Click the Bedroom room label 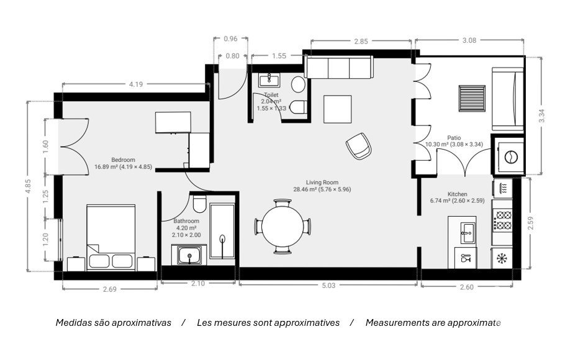click(x=123, y=160)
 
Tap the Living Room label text click(x=322, y=182)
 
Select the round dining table click(x=283, y=227)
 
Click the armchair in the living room click(x=358, y=146)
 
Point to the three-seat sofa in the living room click(x=339, y=68)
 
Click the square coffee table click(x=337, y=109)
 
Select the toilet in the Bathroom click(x=199, y=204)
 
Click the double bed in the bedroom click(x=111, y=238)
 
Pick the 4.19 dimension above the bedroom click(x=136, y=84)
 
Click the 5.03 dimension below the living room click(x=328, y=286)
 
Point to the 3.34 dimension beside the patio click(x=541, y=116)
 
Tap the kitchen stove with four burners click(x=502, y=220)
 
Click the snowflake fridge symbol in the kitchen click(x=502, y=258)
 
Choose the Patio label click(x=454, y=138)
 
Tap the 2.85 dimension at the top click(x=361, y=42)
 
